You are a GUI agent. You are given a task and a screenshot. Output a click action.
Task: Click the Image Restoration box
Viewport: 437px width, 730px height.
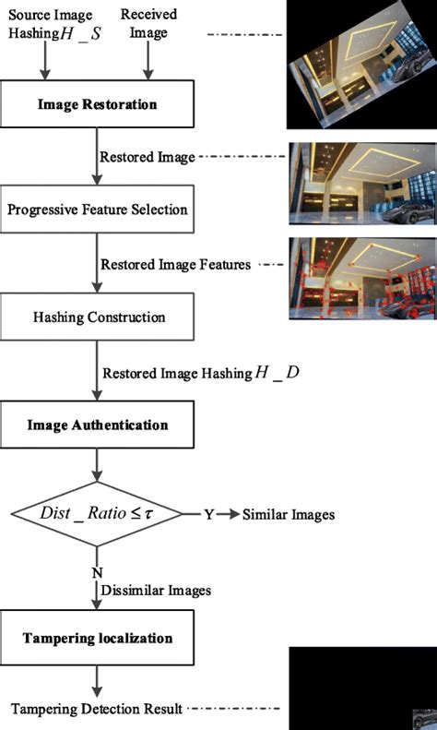(97, 104)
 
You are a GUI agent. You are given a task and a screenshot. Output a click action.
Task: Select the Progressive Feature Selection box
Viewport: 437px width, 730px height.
(97, 209)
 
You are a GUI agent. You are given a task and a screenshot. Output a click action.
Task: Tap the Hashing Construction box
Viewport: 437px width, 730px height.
(97, 317)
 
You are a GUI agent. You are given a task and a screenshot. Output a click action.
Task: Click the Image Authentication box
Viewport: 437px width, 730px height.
(97, 425)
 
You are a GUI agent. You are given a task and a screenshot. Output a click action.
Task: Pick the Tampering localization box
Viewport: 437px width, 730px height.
(97, 638)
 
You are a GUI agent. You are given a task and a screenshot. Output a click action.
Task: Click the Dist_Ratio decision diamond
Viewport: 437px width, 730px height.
(97, 514)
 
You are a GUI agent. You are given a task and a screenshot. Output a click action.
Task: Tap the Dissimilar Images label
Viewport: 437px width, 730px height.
(157, 590)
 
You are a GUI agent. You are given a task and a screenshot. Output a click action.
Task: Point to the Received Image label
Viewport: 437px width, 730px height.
(148, 24)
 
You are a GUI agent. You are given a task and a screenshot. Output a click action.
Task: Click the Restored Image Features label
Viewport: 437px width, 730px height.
(176, 265)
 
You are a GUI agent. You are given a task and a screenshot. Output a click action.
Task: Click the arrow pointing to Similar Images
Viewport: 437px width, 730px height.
(229, 514)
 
